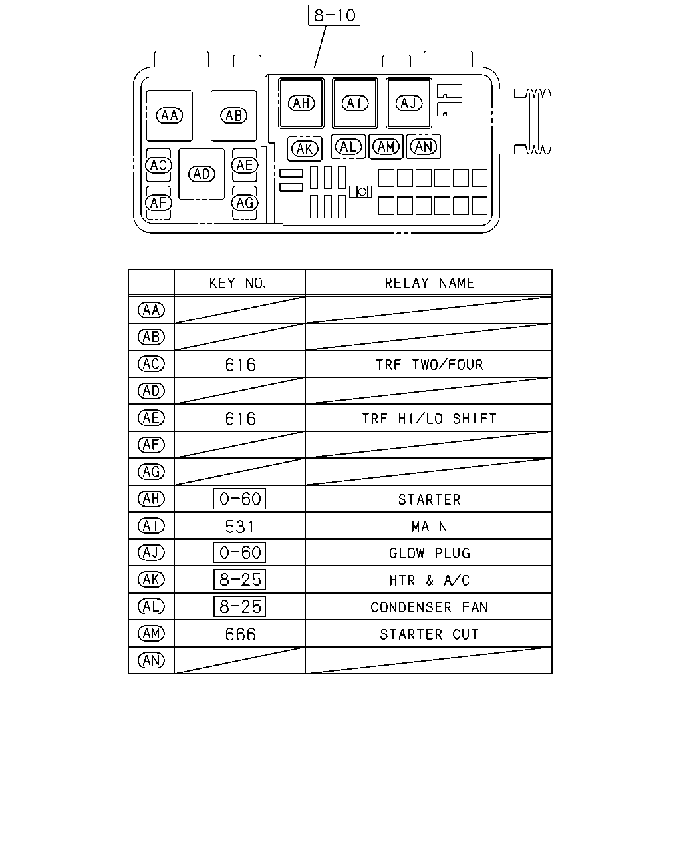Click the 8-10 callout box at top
pos(334,15)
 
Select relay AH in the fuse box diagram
pos(301,103)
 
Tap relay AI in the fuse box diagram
pos(355,103)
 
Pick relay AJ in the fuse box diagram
pos(409,103)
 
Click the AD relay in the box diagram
pos(202,174)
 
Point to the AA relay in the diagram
pos(170,116)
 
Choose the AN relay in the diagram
pos(424,146)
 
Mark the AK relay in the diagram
pos(305,149)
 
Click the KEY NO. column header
pos(238,283)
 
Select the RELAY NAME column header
pos(430,283)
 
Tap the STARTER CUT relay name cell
pos(430,634)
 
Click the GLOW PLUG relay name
pos(430,553)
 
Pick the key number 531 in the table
pos(239,527)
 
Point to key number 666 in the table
pos(240,634)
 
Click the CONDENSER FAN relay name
pos(430,607)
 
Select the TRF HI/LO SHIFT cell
pos(430,419)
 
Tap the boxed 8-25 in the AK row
pos(240,580)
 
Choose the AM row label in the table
pos(151,634)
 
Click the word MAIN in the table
pos(430,527)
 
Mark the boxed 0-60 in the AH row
pos(240,499)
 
